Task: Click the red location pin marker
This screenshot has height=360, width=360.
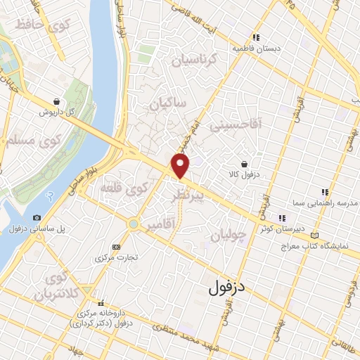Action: (x=181, y=167)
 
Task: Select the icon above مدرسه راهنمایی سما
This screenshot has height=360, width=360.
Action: (x=324, y=191)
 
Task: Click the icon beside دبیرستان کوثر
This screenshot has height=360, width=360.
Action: (x=283, y=218)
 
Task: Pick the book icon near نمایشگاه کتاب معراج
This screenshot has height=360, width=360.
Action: (x=314, y=234)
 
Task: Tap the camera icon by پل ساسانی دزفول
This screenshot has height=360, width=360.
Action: (x=37, y=218)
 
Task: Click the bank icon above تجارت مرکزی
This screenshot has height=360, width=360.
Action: (x=116, y=247)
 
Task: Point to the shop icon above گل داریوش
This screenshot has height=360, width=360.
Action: (x=56, y=101)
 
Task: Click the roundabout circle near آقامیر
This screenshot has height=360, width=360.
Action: (x=133, y=224)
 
